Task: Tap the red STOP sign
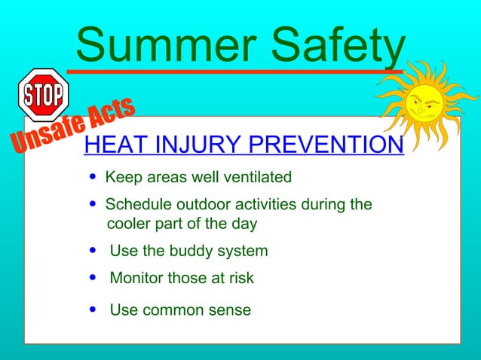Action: (x=43, y=95)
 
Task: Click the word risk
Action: (x=240, y=278)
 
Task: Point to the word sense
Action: (x=228, y=310)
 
